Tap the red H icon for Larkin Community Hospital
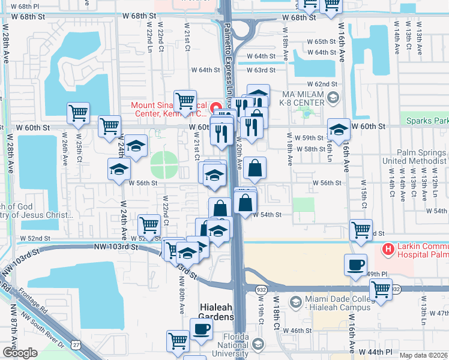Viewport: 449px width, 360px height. click(388, 248)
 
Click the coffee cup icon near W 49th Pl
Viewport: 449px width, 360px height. click(355, 264)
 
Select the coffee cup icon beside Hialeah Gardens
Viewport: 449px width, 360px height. click(201, 328)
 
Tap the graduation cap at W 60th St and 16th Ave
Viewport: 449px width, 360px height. click(339, 129)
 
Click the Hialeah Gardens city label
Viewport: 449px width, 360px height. click(216, 310)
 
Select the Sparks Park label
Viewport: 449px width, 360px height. click(427, 120)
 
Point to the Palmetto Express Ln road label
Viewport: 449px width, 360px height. click(229, 36)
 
